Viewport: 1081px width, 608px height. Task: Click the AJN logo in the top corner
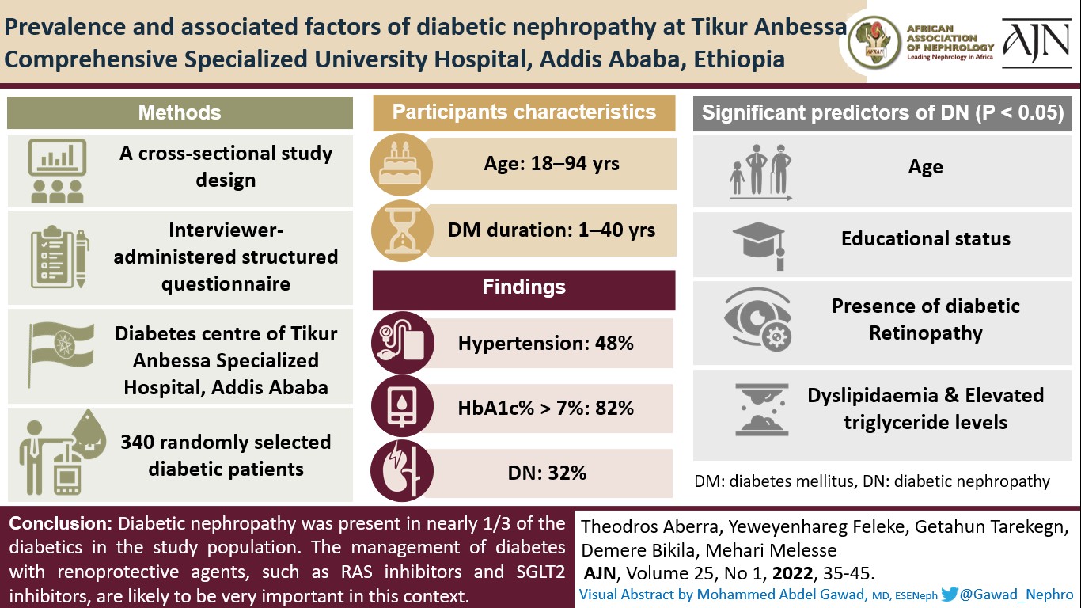1039,42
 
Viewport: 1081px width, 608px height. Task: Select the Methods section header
180,112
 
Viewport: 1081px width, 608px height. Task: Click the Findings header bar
524,287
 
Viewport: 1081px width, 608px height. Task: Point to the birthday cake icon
402,165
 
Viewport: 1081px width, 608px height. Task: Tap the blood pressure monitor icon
402,344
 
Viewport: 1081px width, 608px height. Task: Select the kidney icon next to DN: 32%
402,473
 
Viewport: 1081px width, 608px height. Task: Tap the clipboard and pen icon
58,258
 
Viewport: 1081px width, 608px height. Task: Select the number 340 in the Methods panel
137,443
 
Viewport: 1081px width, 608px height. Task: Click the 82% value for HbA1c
613,408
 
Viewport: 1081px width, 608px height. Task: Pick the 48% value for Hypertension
613,344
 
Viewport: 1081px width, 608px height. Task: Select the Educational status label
925,239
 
